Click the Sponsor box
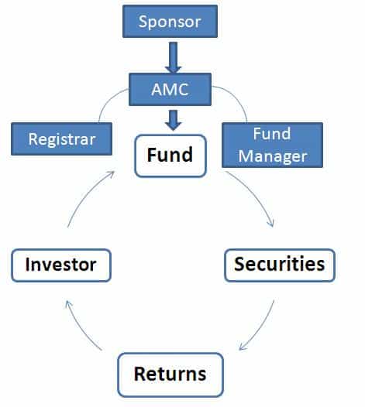(x=170, y=22)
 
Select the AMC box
(x=170, y=89)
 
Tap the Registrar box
(x=62, y=139)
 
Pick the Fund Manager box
(x=273, y=145)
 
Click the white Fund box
(x=170, y=156)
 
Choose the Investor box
(x=61, y=265)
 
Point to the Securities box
(x=280, y=265)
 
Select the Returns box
(x=170, y=375)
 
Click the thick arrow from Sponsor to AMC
(x=173, y=57)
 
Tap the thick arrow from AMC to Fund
(x=173, y=120)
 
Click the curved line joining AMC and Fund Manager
(x=236, y=98)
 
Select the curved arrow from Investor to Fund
(x=86, y=196)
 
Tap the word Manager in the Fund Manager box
(x=273, y=156)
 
